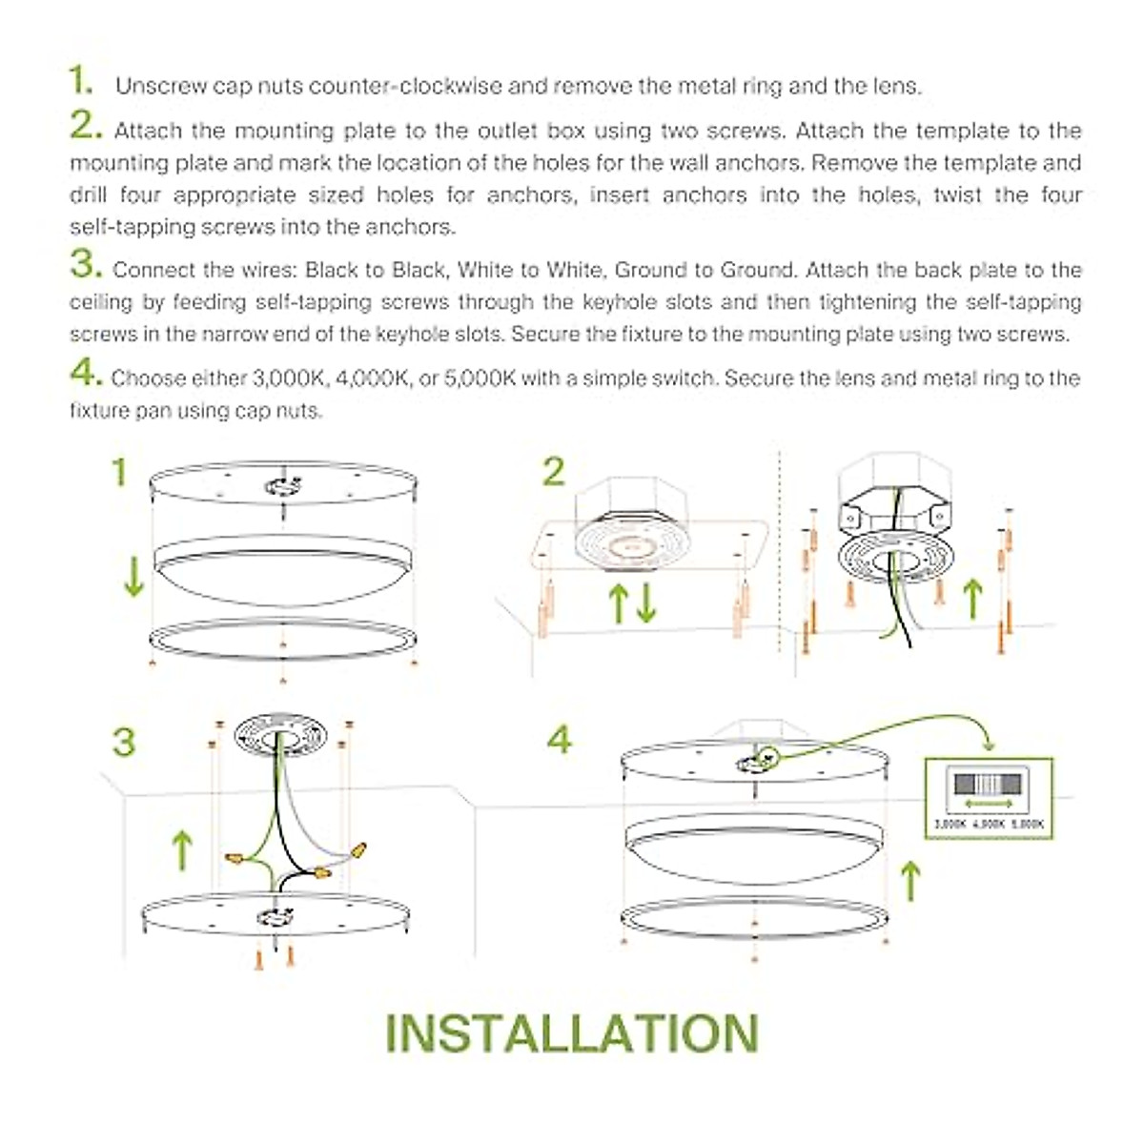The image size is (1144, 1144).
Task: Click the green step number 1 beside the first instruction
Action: click(x=80, y=81)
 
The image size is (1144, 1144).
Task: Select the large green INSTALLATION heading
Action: click(x=572, y=1033)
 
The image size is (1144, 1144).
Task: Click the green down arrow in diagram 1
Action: click(x=133, y=578)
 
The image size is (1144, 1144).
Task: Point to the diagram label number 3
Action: click(x=124, y=743)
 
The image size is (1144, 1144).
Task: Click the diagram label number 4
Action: click(x=560, y=740)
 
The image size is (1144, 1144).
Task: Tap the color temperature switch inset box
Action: click(x=989, y=798)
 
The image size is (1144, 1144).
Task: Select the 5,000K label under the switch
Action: click(x=1027, y=824)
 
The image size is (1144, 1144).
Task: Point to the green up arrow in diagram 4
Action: click(x=910, y=880)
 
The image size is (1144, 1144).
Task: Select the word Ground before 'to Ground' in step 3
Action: click(x=650, y=270)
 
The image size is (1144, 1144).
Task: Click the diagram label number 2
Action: click(x=553, y=472)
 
